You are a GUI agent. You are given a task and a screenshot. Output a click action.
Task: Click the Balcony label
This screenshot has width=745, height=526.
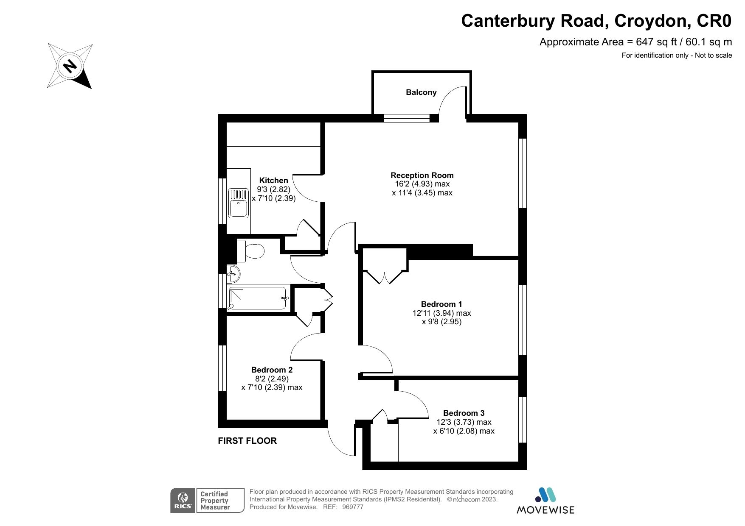421,92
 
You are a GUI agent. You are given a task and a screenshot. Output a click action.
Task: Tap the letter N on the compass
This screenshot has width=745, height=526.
70,66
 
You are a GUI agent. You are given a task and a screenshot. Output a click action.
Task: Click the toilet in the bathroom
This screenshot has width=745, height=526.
251,250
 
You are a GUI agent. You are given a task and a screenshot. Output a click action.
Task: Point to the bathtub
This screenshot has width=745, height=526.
258,299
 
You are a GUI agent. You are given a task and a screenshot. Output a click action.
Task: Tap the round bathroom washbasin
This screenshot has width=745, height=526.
233,274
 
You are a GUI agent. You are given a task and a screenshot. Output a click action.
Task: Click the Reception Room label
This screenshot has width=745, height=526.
422,175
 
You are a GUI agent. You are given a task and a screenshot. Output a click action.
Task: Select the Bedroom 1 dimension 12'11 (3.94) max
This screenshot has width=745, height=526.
441,313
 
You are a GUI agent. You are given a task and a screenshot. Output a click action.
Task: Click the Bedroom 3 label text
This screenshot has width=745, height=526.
464,413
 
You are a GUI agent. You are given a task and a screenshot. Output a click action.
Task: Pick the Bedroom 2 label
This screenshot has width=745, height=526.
272,370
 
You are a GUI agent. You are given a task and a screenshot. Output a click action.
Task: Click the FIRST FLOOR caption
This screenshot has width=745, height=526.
247,441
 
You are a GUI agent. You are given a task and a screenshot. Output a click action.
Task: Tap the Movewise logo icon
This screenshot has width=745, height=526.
545,495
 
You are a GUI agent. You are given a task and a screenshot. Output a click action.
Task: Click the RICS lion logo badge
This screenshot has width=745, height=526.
183,500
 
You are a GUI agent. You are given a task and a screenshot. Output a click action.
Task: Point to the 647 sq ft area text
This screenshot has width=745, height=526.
655,42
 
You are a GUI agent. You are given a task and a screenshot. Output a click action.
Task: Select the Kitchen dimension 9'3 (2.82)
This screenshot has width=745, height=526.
273,189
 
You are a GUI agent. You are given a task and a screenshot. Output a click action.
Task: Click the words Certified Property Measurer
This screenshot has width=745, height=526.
215,501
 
